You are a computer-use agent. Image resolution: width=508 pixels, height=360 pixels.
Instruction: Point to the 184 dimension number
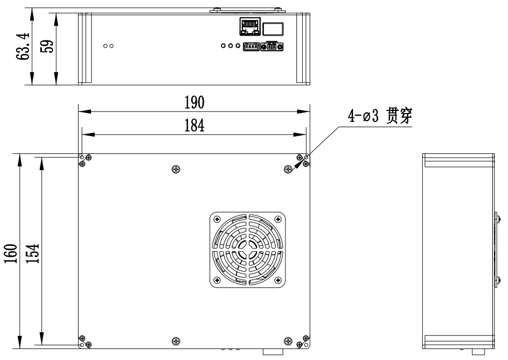pyautogui.click(x=194, y=126)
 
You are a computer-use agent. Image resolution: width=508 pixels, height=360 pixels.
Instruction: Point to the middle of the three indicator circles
pyautogui.click(x=231, y=46)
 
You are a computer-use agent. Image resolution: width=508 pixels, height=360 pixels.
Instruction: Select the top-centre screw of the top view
pyautogui.click(x=175, y=169)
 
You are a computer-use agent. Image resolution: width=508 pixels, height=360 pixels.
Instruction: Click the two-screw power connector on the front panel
pyautogui.click(x=273, y=47)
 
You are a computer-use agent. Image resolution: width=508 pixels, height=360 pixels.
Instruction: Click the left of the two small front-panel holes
pyautogui.click(x=105, y=46)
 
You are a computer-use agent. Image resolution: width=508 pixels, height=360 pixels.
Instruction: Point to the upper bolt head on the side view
pyautogui.click(x=495, y=217)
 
